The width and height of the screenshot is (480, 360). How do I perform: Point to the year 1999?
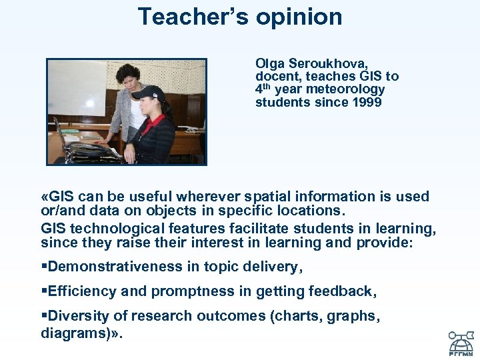367,102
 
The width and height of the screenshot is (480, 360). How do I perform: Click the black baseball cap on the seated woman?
147,93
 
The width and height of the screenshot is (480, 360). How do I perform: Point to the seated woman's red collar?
151,122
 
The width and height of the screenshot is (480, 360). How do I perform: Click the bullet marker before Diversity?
44,316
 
